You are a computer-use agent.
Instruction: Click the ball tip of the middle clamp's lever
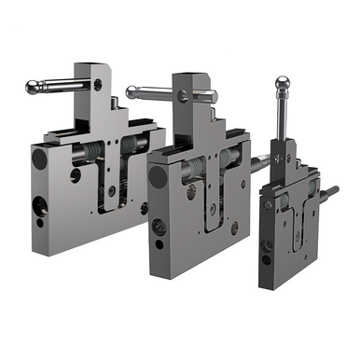132,91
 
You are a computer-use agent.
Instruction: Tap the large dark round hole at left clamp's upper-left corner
39,159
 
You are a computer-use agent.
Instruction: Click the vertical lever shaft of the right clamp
282,118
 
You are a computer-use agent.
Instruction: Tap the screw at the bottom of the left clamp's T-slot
112,190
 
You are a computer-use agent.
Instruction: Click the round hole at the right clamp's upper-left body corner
268,204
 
